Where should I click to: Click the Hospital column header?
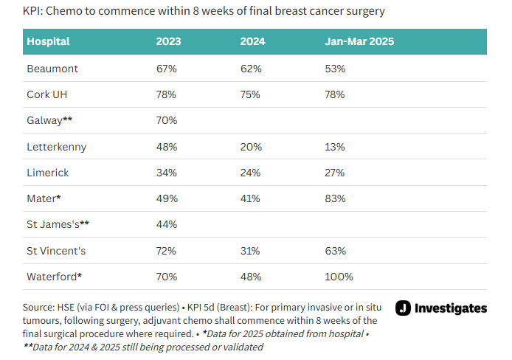pos(48,41)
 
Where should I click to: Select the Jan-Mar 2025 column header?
pos(359,41)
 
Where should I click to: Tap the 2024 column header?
pos(252,41)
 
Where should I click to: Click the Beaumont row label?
pos(52,68)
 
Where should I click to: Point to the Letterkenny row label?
pos(57,147)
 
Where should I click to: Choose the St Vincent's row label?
pos(57,251)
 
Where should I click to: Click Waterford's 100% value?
pos(339,277)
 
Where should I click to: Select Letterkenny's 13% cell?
pos(336,147)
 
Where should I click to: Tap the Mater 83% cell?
pos(336,198)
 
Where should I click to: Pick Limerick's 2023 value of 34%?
pos(167,173)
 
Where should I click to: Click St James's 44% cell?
pos(167,225)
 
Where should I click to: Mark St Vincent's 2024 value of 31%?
pos(251,251)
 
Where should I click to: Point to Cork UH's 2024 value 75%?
pos(251,94)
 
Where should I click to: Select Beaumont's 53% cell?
pos(336,68)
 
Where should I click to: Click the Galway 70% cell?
pos(167,120)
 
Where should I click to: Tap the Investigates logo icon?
pos(404,308)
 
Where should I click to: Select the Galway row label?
pos(49,120)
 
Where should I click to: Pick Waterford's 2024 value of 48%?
pos(251,277)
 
